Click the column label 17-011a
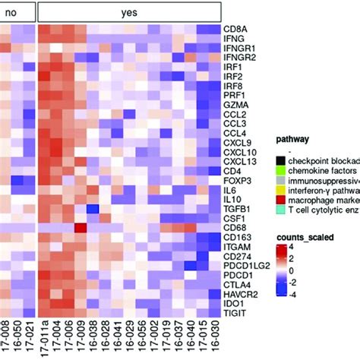[46, 339]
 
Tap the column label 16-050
[17, 339]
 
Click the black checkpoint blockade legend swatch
[280, 159]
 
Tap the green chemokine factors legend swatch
[280, 172]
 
